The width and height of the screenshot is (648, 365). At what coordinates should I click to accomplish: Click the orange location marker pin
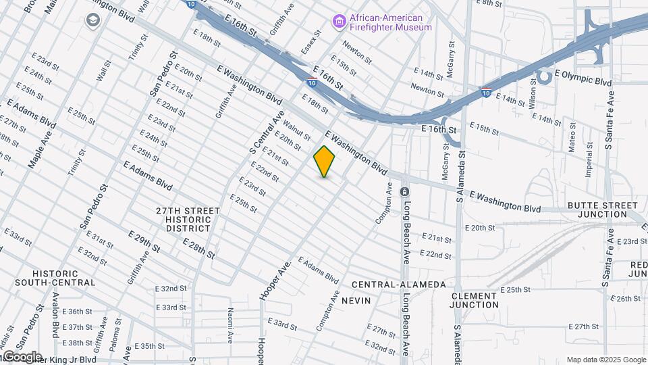click(x=324, y=162)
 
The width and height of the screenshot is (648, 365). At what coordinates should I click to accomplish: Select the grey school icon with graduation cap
click(x=92, y=20)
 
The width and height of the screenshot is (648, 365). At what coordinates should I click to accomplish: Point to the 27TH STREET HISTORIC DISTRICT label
click(x=188, y=220)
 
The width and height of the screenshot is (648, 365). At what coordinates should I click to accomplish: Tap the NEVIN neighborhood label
click(x=356, y=300)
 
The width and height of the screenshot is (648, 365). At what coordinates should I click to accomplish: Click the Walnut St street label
click(x=296, y=130)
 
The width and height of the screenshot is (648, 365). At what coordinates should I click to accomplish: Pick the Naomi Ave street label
click(x=230, y=324)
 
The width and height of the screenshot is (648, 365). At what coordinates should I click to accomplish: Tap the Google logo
click(x=22, y=357)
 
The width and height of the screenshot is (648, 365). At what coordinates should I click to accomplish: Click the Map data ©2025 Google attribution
click(x=605, y=360)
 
